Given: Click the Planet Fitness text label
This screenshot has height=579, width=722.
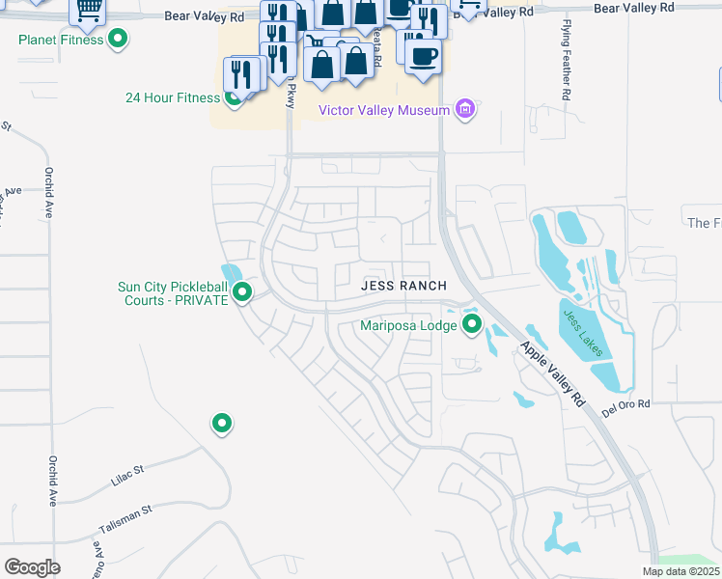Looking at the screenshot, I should (x=60, y=40).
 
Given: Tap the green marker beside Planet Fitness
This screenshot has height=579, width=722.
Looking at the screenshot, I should (x=118, y=40).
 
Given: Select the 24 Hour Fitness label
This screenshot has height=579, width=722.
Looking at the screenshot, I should (x=172, y=97).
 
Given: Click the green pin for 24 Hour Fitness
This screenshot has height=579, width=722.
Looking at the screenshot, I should (x=233, y=96).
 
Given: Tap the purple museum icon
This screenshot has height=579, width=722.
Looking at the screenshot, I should (x=465, y=109).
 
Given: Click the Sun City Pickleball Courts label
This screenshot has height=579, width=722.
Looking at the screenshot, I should (x=172, y=293).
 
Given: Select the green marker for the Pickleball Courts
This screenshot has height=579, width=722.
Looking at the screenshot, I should (x=242, y=291).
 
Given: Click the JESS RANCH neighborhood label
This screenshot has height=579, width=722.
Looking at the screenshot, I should (x=403, y=286).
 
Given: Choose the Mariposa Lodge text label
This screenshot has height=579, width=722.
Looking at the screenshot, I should (x=408, y=325).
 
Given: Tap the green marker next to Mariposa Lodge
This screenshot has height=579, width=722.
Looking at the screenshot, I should (x=472, y=324).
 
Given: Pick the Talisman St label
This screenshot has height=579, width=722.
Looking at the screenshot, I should (x=125, y=519).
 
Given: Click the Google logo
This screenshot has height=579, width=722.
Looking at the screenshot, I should (x=32, y=566).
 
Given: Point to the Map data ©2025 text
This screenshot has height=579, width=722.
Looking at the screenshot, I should (x=680, y=571).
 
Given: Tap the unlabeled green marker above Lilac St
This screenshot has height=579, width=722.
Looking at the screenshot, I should (x=222, y=423).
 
